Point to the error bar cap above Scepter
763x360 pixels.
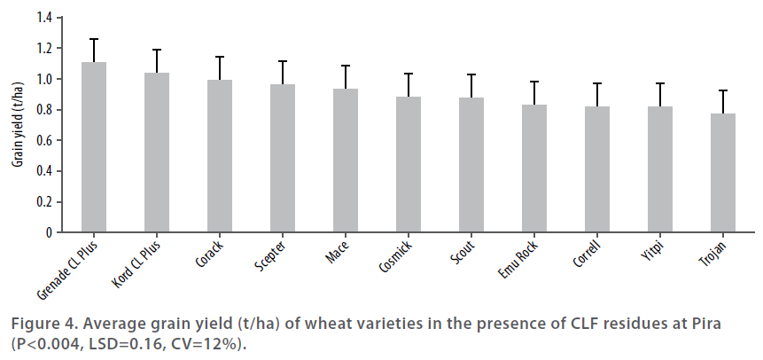pos(283,61)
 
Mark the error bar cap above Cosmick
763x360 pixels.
pos(409,74)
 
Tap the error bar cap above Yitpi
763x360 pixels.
pos(660,83)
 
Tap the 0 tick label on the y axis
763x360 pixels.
pos(50,232)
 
